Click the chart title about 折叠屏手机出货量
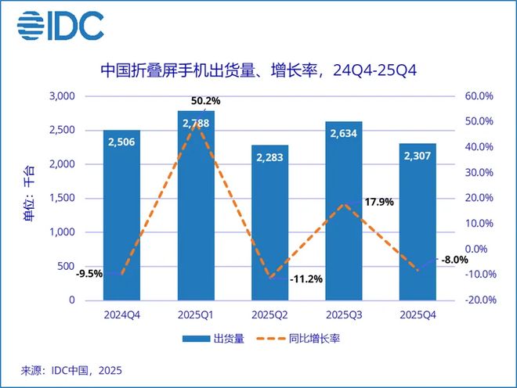pyautogui.click(x=258, y=71)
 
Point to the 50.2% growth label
pyautogui.click(x=202, y=101)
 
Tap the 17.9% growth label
pyautogui.click(x=378, y=202)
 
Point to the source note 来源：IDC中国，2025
pyautogui.click(x=71, y=370)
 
